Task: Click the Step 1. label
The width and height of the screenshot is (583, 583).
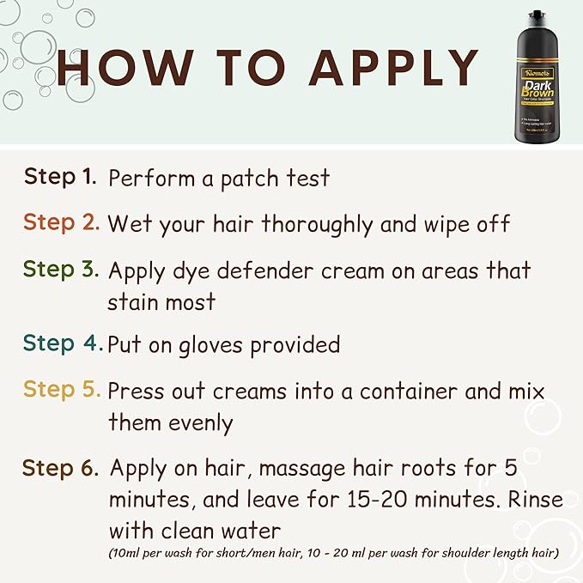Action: coord(60,177)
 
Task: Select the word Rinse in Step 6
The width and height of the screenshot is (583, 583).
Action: coord(525,499)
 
